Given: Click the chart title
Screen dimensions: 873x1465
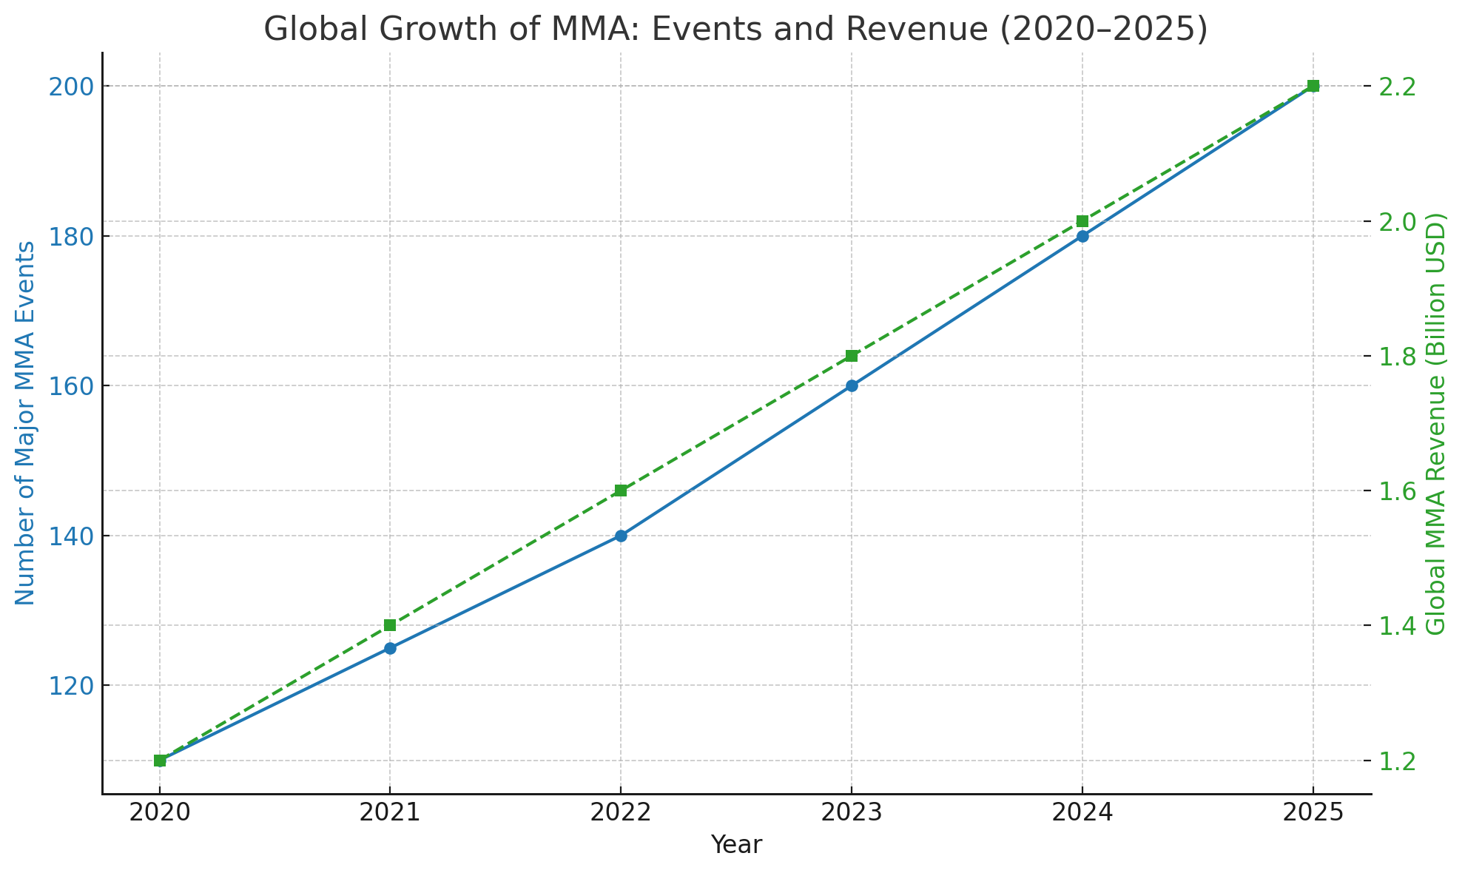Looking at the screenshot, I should click(x=735, y=30).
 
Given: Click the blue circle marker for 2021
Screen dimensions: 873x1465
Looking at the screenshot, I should click(x=390, y=648).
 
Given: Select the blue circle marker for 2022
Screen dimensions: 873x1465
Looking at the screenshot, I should click(x=621, y=536).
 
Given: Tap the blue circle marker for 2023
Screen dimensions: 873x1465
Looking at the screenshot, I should click(x=852, y=385).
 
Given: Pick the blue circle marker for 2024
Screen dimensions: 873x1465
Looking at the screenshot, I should click(x=1082, y=236).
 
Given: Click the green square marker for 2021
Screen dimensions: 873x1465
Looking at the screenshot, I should click(x=390, y=625).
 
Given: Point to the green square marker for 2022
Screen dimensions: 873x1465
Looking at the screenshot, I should click(x=621, y=491).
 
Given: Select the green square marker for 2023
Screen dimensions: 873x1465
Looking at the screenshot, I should click(x=852, y=356).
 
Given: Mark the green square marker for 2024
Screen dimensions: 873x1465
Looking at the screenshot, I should click(x=1082, y=221).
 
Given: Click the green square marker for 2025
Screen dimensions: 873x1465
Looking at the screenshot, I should click(x=1313, y=86).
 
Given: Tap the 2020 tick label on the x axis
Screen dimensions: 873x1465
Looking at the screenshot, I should click(x=159, y=812).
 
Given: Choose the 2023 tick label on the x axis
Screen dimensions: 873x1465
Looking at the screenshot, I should click(x=852, y=812).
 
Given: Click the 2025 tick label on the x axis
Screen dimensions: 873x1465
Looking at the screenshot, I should click(x=1313, y=812).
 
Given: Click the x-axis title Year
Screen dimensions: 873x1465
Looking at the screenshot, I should click(x=736, y=845).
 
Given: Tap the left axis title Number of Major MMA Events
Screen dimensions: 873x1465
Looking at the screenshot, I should click(x=25, y=423).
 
